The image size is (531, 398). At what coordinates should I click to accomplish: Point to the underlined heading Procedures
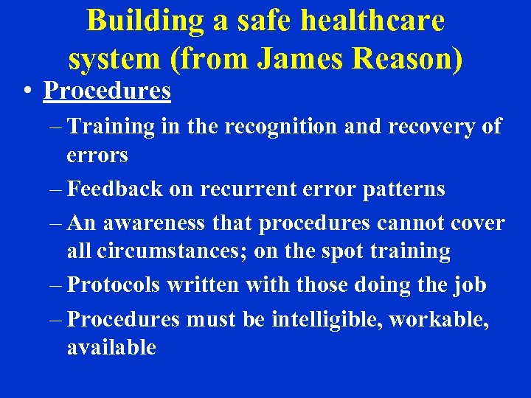tap(107, 91)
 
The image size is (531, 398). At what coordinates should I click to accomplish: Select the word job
tap(469, 284)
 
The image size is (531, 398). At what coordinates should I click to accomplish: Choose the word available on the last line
tap(111, 347)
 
